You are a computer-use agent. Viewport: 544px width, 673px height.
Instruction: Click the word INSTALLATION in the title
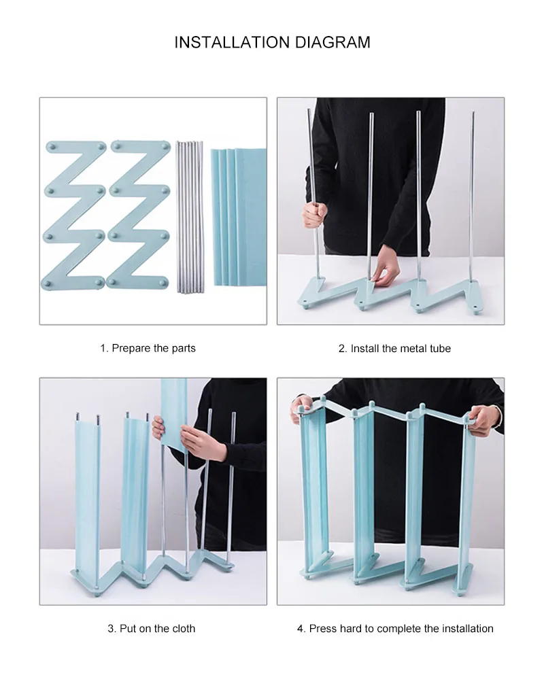point(232,43)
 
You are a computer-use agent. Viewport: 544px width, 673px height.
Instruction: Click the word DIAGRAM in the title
point(333,43)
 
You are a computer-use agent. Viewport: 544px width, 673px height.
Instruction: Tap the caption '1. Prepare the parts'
point(148,348)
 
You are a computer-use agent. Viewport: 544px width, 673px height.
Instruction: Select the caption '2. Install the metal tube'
point(394,349)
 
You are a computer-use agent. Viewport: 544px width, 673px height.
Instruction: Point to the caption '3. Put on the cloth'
point(151,629)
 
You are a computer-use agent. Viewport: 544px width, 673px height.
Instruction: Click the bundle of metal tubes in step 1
point(189,217)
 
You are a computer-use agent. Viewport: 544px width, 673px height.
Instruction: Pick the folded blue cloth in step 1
point(238,217)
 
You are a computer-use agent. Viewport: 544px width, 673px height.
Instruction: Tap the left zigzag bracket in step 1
point(74,215)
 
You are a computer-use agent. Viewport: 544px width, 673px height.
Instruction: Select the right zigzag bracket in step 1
point(139,215)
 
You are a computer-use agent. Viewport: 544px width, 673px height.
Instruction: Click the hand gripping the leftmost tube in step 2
point(314,215)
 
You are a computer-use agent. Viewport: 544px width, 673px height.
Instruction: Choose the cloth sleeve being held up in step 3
point(174,412)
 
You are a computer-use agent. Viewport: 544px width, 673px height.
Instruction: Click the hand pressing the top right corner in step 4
point(481,419)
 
